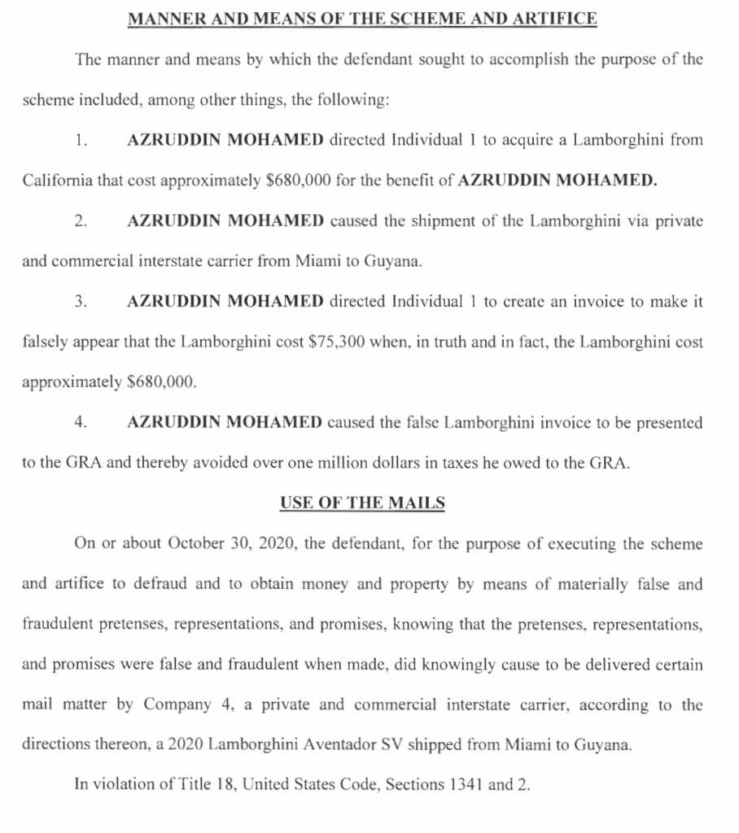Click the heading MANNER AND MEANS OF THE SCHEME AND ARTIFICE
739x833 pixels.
[x=362, y=18]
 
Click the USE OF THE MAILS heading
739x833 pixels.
[x=362, y=503]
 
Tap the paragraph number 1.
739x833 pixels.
[x=80, y=140]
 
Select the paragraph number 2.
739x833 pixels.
[x=80, y=221]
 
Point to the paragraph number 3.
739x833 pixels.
[x=80, y=302]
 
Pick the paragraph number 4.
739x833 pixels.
[x=80, y=423]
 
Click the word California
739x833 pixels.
[x=57, y=181]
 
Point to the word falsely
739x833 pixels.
[x=45, y=342]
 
